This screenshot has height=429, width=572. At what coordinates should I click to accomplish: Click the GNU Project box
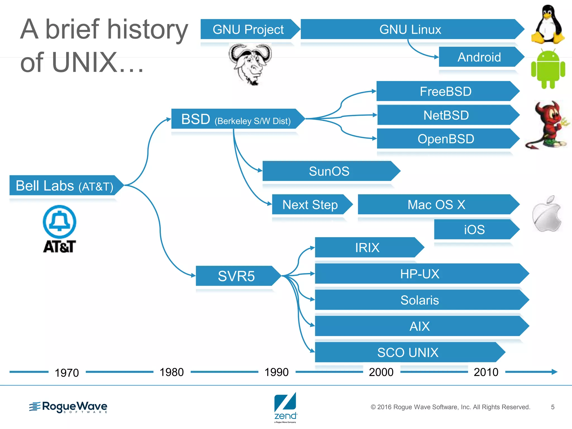click(248, 29)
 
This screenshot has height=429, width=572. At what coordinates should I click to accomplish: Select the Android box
click(479, 57)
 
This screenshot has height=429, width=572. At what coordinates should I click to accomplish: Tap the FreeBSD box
click(446, 91)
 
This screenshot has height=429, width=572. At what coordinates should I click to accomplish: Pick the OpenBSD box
click(446, 139)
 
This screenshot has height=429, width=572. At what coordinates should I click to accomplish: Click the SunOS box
click(329, 171)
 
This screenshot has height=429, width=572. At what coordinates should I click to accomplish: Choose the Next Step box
click(310, 204)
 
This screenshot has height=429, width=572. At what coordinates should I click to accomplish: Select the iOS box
click(474, 229)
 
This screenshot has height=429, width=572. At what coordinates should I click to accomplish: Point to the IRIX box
click(367, 247)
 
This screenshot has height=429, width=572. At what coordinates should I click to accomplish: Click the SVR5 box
click(236, 276)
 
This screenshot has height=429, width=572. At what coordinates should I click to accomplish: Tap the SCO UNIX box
click(408, 352)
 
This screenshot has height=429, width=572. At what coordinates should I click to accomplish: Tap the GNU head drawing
click(250, 63)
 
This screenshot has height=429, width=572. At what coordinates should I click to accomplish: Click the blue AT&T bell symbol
click(59, 222)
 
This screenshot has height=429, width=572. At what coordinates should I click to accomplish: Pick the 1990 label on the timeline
click(277, 372)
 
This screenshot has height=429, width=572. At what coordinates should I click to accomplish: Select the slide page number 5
click(552, 407)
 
